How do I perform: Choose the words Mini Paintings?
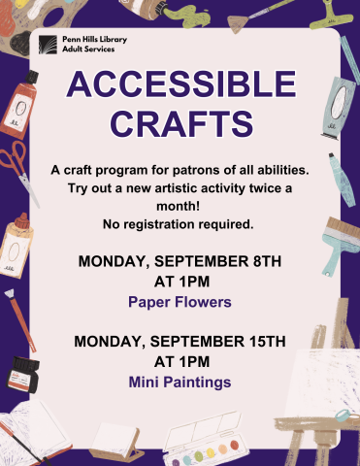click(180, 383)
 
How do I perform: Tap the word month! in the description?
click(180, 207)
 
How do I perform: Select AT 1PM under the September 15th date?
click(180, 361)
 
